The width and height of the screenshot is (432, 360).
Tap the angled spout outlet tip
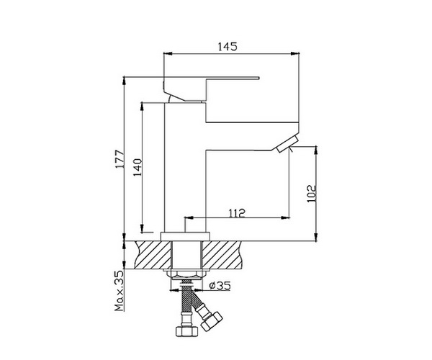[x=286, y=145]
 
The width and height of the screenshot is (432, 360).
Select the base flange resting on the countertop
[x=185, y=235]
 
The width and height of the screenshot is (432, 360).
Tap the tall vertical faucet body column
[x=186, y=173]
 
